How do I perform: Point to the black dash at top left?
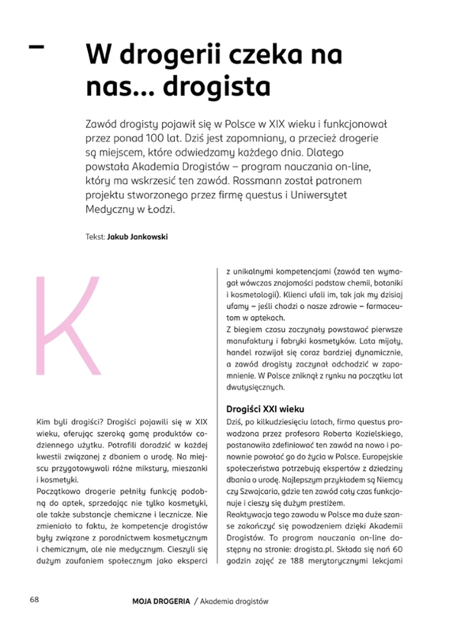[37, 46]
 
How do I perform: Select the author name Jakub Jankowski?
[137, 237]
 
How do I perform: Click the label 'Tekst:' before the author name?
[95, 237]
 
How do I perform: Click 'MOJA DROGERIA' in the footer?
[162, 601]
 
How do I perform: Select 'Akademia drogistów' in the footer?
[235, 601]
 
